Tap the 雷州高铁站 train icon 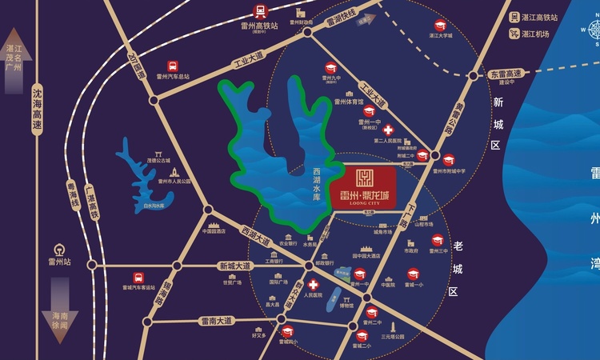click(261, 11)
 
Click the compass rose click(594, 30)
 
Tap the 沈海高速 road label click(35, 115)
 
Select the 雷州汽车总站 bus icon click(172, 66)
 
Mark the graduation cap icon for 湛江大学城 click(441, 26)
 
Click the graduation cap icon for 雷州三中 click(438, 240)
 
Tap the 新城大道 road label click(233, 266)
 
